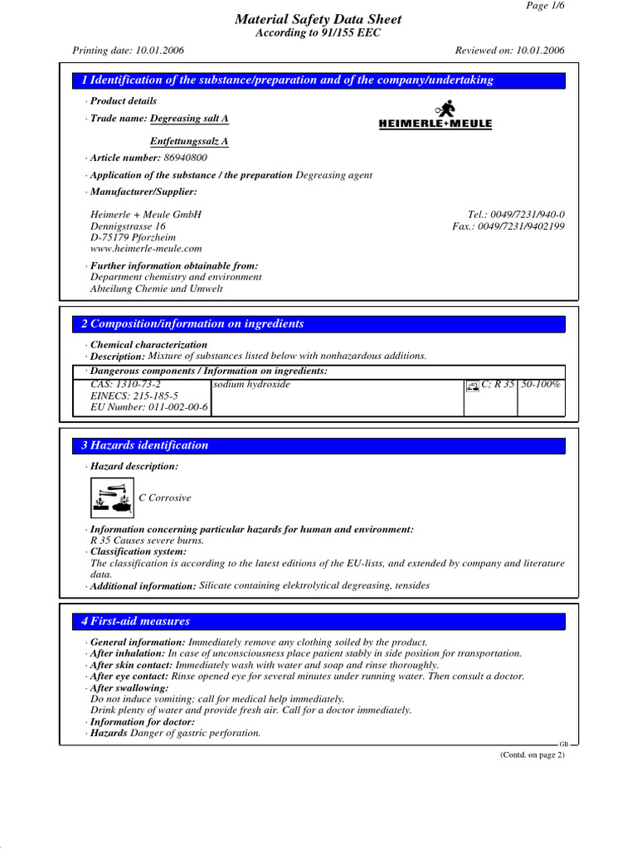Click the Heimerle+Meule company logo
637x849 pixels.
tap(435, 115)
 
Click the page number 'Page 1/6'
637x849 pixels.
tap(545, 6)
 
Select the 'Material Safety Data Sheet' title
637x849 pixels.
tap(318, 19)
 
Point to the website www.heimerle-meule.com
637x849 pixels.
tap(145, 249)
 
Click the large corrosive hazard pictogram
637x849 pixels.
tap(111, 497)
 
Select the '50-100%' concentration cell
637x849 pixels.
tap(541, 386)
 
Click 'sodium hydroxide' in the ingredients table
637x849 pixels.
tap(252, 386)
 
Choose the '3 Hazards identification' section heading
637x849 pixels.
tap(144, 445)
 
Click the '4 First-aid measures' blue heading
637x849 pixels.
tap(135, 621)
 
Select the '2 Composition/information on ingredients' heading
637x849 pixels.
tap(192, 323)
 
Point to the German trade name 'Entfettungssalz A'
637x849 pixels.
tap(189, 141)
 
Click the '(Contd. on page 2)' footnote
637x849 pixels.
tap(531, 754)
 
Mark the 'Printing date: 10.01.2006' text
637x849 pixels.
tap(129, 51)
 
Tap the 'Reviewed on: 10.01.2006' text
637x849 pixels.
tap(510, 51)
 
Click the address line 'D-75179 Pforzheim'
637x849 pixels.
tap(133, 237)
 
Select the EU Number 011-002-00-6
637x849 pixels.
tap(149, 408)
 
